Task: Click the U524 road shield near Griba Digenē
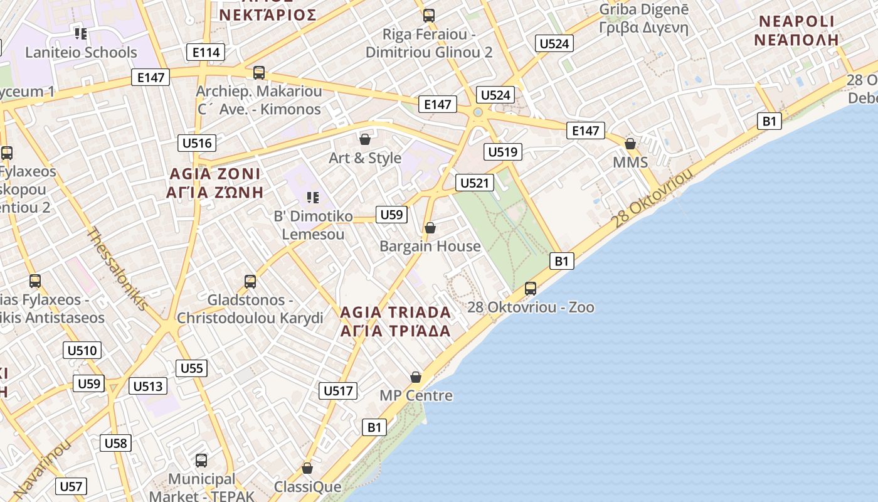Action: click(554, 43)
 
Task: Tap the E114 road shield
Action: click(206, 53)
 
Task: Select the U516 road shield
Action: click(197, 143)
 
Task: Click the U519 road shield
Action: click(503, 151)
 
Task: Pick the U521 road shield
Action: click(474, 183)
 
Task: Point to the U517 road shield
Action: click(339, 391)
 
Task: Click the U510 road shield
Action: click(82, 350)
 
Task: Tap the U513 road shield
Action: click(148, 386)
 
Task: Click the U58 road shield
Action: click(115, 443)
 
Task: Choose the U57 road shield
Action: click(71, 486)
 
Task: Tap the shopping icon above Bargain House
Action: click(430, 228)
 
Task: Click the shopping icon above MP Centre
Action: click(416, 377)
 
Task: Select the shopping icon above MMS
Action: click(630, 144)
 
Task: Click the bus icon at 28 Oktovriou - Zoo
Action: click(531, 289)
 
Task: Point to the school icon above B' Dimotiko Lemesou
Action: click(312, 198)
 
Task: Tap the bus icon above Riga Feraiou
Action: click(429, 16)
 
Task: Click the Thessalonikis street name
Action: click(117, 270)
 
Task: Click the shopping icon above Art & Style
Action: click(365, 139)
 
